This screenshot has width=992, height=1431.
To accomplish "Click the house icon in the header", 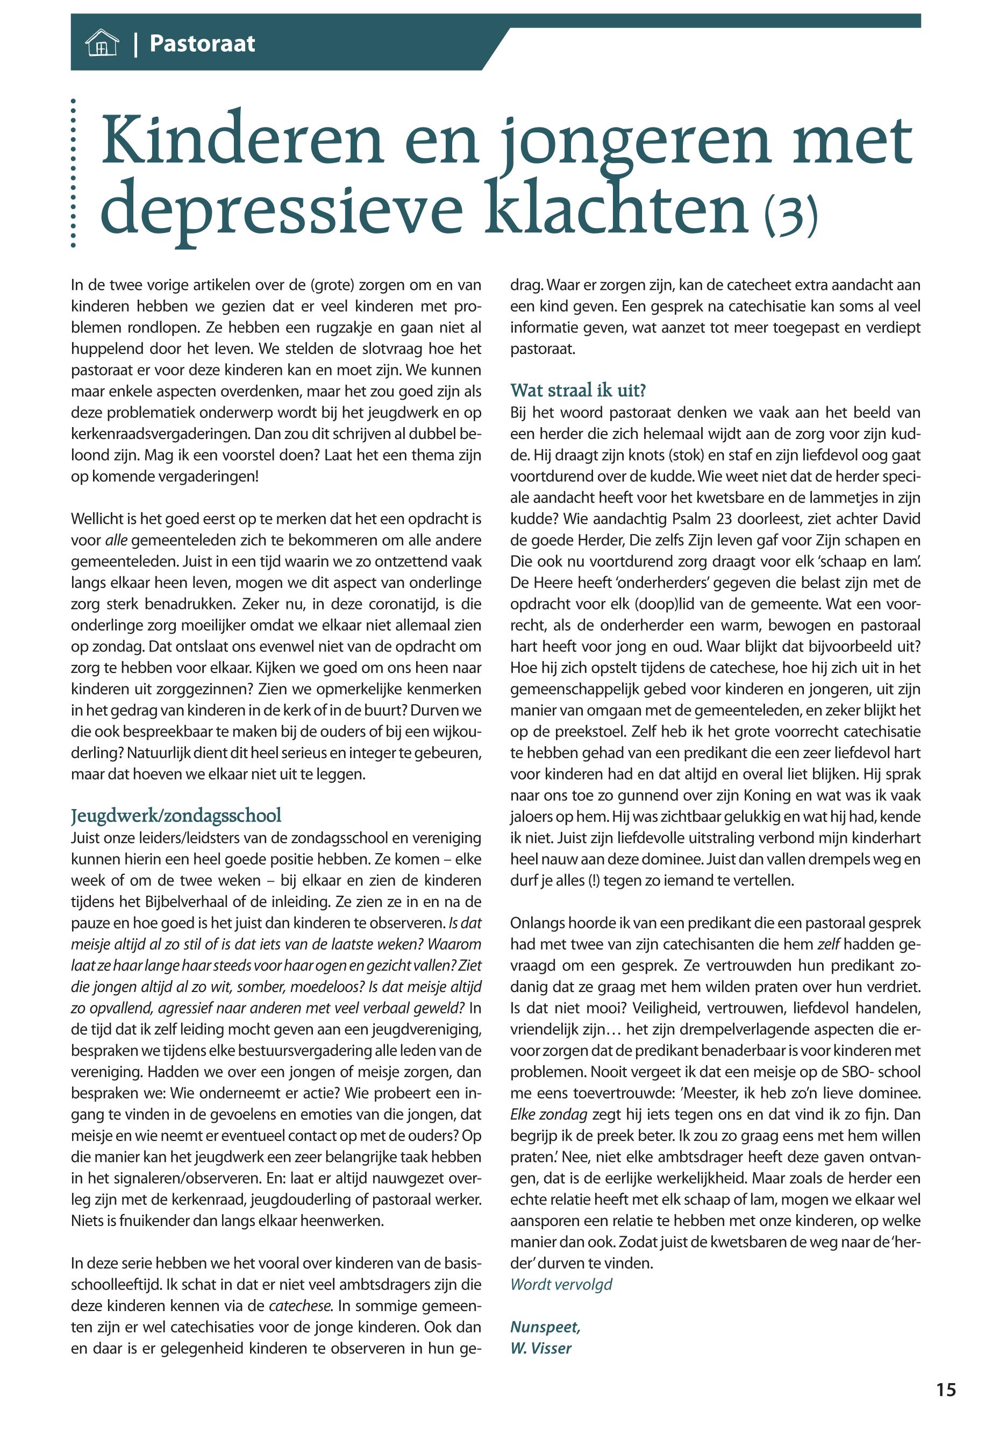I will (101, 44).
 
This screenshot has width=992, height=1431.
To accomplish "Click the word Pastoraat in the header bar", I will (202, 44).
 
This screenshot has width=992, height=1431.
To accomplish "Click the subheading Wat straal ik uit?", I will (578, 390).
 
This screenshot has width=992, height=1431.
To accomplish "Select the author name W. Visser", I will (540, 1348).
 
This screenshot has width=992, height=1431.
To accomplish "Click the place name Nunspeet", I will (545, 1327).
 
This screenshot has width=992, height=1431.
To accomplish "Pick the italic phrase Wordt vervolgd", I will (561, 1284).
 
